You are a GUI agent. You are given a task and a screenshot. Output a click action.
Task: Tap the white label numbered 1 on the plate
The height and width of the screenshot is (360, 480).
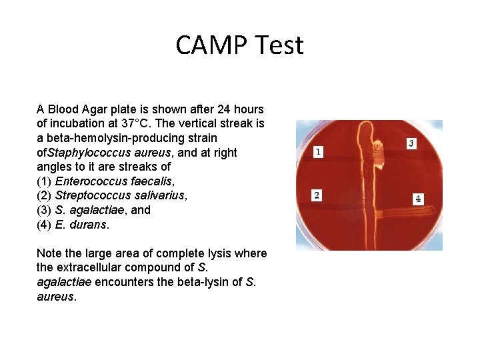[x=319, y=152]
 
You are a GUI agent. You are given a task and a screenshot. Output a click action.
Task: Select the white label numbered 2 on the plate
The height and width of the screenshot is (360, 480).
[x=317, y=195]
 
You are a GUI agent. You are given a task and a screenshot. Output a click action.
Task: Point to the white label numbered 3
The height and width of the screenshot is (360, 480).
[x=411, y=143]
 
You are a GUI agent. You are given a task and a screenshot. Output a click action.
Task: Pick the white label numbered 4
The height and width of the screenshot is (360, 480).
[x=418, y=199]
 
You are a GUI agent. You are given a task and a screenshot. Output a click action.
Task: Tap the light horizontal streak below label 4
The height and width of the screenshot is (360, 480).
[x=407, y=208]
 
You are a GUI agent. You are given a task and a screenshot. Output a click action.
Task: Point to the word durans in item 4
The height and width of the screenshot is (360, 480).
[x=89, y=225]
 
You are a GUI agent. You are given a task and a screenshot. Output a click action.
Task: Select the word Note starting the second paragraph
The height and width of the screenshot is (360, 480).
[x=49, y=253]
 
